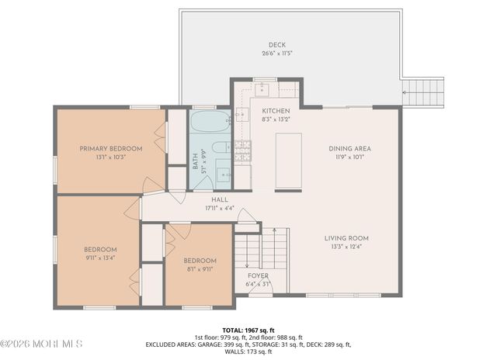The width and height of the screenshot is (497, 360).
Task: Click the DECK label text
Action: coord(277,45)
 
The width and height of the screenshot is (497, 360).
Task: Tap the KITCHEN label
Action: coord(275,111)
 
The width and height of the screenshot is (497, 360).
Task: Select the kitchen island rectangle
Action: coord(288,161)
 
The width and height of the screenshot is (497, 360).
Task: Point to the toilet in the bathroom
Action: coord(221,147)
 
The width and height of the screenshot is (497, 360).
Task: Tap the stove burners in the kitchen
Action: coord(243,150)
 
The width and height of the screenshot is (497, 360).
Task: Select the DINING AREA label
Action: coord(349,148)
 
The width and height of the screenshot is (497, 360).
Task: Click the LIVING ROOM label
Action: coord(347,238)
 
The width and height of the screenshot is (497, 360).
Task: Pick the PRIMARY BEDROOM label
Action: coord(111,148)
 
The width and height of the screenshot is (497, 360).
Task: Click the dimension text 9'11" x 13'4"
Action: coord(100,258)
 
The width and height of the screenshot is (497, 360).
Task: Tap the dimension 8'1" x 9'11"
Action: coord(200,269)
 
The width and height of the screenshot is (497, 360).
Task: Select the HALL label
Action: coord(197,199)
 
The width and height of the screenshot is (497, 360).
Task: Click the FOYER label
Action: coord(258,275)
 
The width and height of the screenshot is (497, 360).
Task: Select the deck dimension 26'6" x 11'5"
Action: coord(277,54)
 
